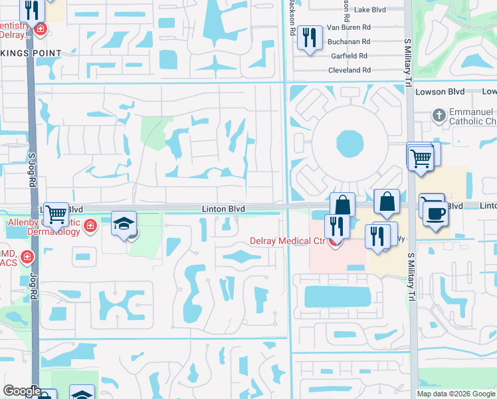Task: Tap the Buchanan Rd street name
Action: (x=348, y=41)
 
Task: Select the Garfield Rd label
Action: (x=349, y=56)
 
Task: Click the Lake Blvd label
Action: (x=371, y=10)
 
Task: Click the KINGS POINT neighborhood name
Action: (x=31, y=53)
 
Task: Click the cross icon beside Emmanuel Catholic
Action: (x=438, y=116)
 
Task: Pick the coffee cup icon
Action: (x=435, y=214)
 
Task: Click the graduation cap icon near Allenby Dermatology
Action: (x=124, y=223)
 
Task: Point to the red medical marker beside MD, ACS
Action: (x=27, y=256)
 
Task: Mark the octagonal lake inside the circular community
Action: (x=349, y=142)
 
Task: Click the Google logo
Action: (x=22, y=392)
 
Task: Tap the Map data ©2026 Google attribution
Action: (x=456, y=394)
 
